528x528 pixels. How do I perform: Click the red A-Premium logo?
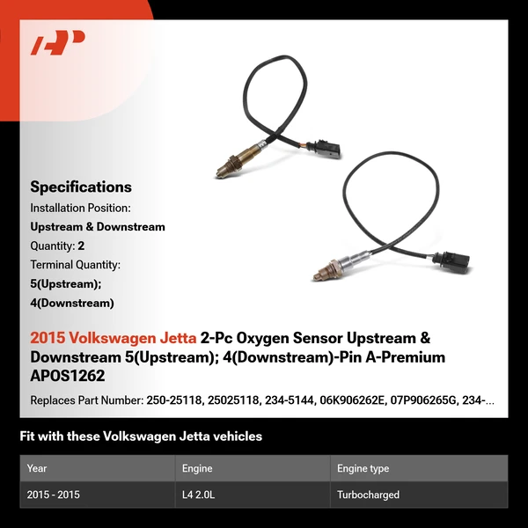tap(57, 42)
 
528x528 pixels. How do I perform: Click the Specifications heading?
tap(81, 187)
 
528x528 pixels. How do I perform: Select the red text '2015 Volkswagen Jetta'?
tap(114, 337)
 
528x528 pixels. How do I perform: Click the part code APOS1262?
tap(67, 376)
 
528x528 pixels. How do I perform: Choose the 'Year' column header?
tap(37, 469)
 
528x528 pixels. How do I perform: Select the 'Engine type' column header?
tap(363, 469)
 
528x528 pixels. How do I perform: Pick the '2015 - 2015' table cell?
tap(54, 495)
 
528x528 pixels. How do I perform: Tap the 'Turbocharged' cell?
tap(368, 495)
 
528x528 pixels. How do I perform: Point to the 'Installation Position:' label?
tap(81, 208)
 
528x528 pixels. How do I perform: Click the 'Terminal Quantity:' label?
tap(76, 264)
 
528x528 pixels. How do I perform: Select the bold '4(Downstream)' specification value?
tap(72, 304)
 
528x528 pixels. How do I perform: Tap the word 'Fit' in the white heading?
tap(28, 436)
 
